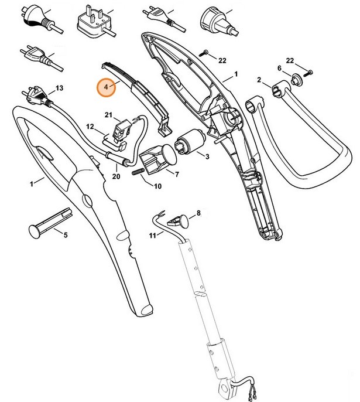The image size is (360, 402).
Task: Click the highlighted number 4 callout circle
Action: tap(106, 87)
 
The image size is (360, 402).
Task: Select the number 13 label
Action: tap(59, 88)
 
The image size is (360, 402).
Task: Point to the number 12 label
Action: tap(90, 126)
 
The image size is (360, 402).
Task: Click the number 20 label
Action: tap(116, 175)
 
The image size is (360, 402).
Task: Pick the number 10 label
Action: tap(157, 186)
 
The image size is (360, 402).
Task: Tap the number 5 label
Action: tap(65, 235)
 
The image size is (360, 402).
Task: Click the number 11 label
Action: tap(152, 236)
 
